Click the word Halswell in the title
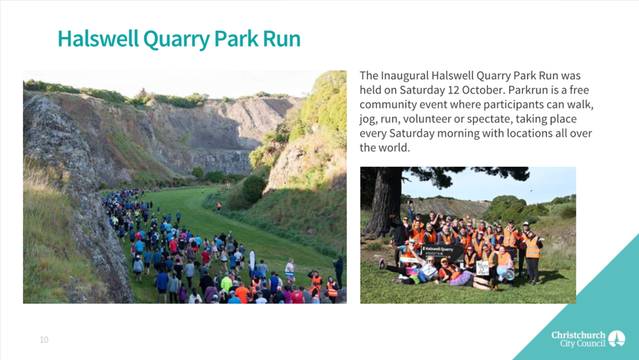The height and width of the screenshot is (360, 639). coord(98,39)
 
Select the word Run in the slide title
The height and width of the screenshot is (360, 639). coord(282,39)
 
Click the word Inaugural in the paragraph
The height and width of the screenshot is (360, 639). coord(405,76)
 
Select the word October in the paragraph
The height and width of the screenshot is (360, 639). coord(484,90)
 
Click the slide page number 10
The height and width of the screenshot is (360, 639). coord(44,340)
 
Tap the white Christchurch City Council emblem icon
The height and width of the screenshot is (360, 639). coord(617,339)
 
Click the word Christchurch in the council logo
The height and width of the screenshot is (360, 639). coord(578,335)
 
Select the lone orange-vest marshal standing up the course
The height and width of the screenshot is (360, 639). coord(219,208)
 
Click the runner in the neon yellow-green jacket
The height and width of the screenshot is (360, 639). coord(226,284)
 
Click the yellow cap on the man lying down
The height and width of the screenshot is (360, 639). coord(444,260)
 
